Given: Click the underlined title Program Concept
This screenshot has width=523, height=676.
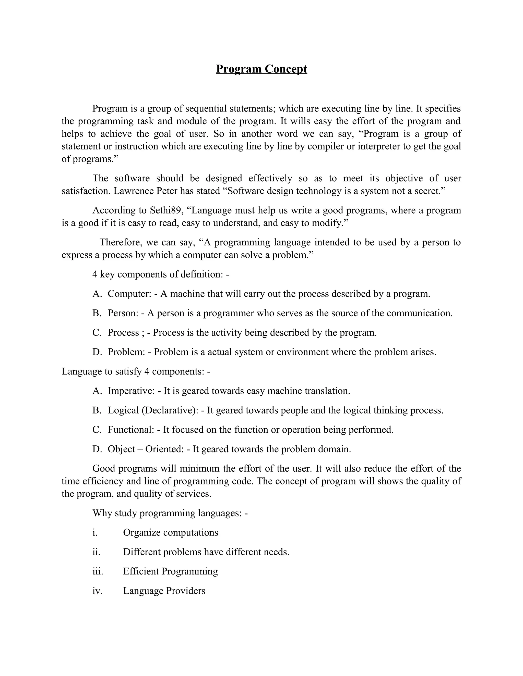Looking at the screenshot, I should pos(261,69).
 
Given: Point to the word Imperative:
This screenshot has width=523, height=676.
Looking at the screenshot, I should pos(131,391).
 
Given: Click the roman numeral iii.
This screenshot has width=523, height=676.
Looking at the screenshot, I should pos(98,571).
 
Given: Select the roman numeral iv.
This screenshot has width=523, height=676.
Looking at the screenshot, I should pos(97,591).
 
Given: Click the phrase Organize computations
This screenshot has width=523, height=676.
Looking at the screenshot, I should pos(170,532).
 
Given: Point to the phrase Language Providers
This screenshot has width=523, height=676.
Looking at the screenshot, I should pos(164,591).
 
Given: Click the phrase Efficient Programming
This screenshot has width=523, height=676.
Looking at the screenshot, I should pos(170,571).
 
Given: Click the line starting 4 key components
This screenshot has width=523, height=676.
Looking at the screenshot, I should pos(160,274).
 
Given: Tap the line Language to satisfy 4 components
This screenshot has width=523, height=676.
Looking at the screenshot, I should pos(136,371).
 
